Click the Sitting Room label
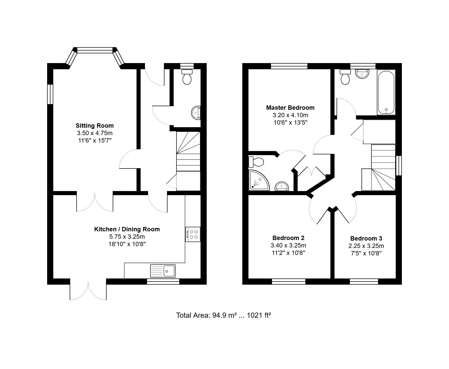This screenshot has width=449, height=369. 95,126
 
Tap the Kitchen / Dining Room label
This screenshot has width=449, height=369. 127,229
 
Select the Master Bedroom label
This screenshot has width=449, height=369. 290,108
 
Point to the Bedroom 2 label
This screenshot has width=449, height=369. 288,238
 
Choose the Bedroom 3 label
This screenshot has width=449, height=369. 366,238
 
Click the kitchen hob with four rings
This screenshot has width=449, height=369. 193,234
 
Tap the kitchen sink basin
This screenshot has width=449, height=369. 169,271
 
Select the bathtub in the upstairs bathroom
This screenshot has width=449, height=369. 386,92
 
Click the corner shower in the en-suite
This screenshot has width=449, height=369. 259,180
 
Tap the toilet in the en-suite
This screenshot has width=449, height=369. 256,162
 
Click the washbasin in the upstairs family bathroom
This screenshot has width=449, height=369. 362,74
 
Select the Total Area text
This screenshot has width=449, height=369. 224,315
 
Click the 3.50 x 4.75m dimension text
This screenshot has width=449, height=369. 95,133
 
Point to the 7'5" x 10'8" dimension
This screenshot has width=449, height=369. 366,253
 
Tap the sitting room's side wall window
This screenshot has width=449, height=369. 50,94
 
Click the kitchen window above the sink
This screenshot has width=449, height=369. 163,282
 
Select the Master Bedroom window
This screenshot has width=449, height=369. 289,66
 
